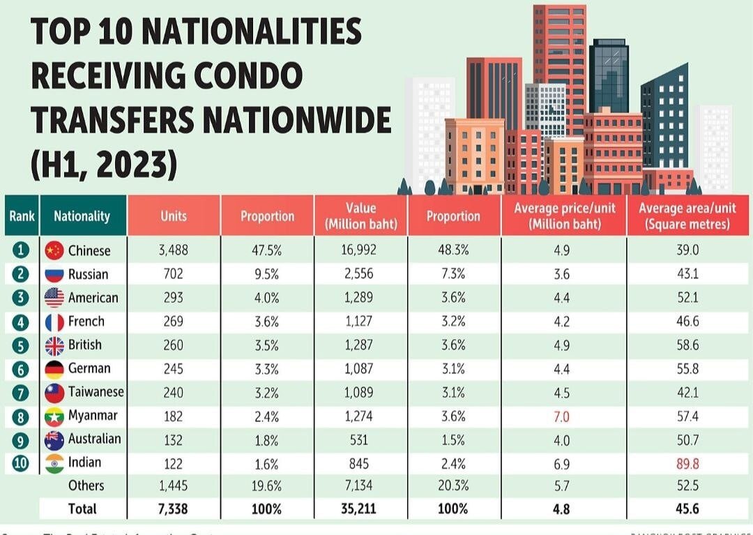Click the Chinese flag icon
click(x=54, y=250)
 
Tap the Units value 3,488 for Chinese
click(x=174, y=250)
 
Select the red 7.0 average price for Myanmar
click(x=562, y=416)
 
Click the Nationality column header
click(x=82, y=216)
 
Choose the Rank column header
click(x=22, y=216)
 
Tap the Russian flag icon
click(x=54, y=274)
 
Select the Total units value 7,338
click(x=174, y=508)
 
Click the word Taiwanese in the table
click(x=96, y=392)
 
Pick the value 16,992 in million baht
click(x=360, y=250)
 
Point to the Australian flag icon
click(x=54, y=439)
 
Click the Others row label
click(x=86, y=485)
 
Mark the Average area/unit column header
click(x=687, y=216)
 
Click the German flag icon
click(x=54, y=368)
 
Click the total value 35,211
click(x=360, y=508)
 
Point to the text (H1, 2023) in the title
click(x=104, y=166)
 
